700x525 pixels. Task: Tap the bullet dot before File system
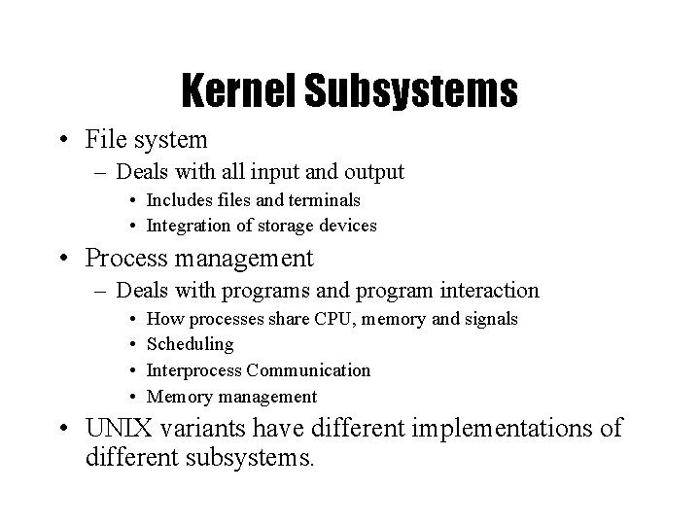tap(62, 142)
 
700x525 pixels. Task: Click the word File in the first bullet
tap(105, 140)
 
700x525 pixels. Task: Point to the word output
tap(371, 173)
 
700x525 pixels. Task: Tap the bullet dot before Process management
tap(62, 260)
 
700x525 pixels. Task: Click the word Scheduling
tap(190, 345)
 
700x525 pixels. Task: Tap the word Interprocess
tap(193, 370)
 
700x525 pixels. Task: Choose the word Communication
tap(308, 370)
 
